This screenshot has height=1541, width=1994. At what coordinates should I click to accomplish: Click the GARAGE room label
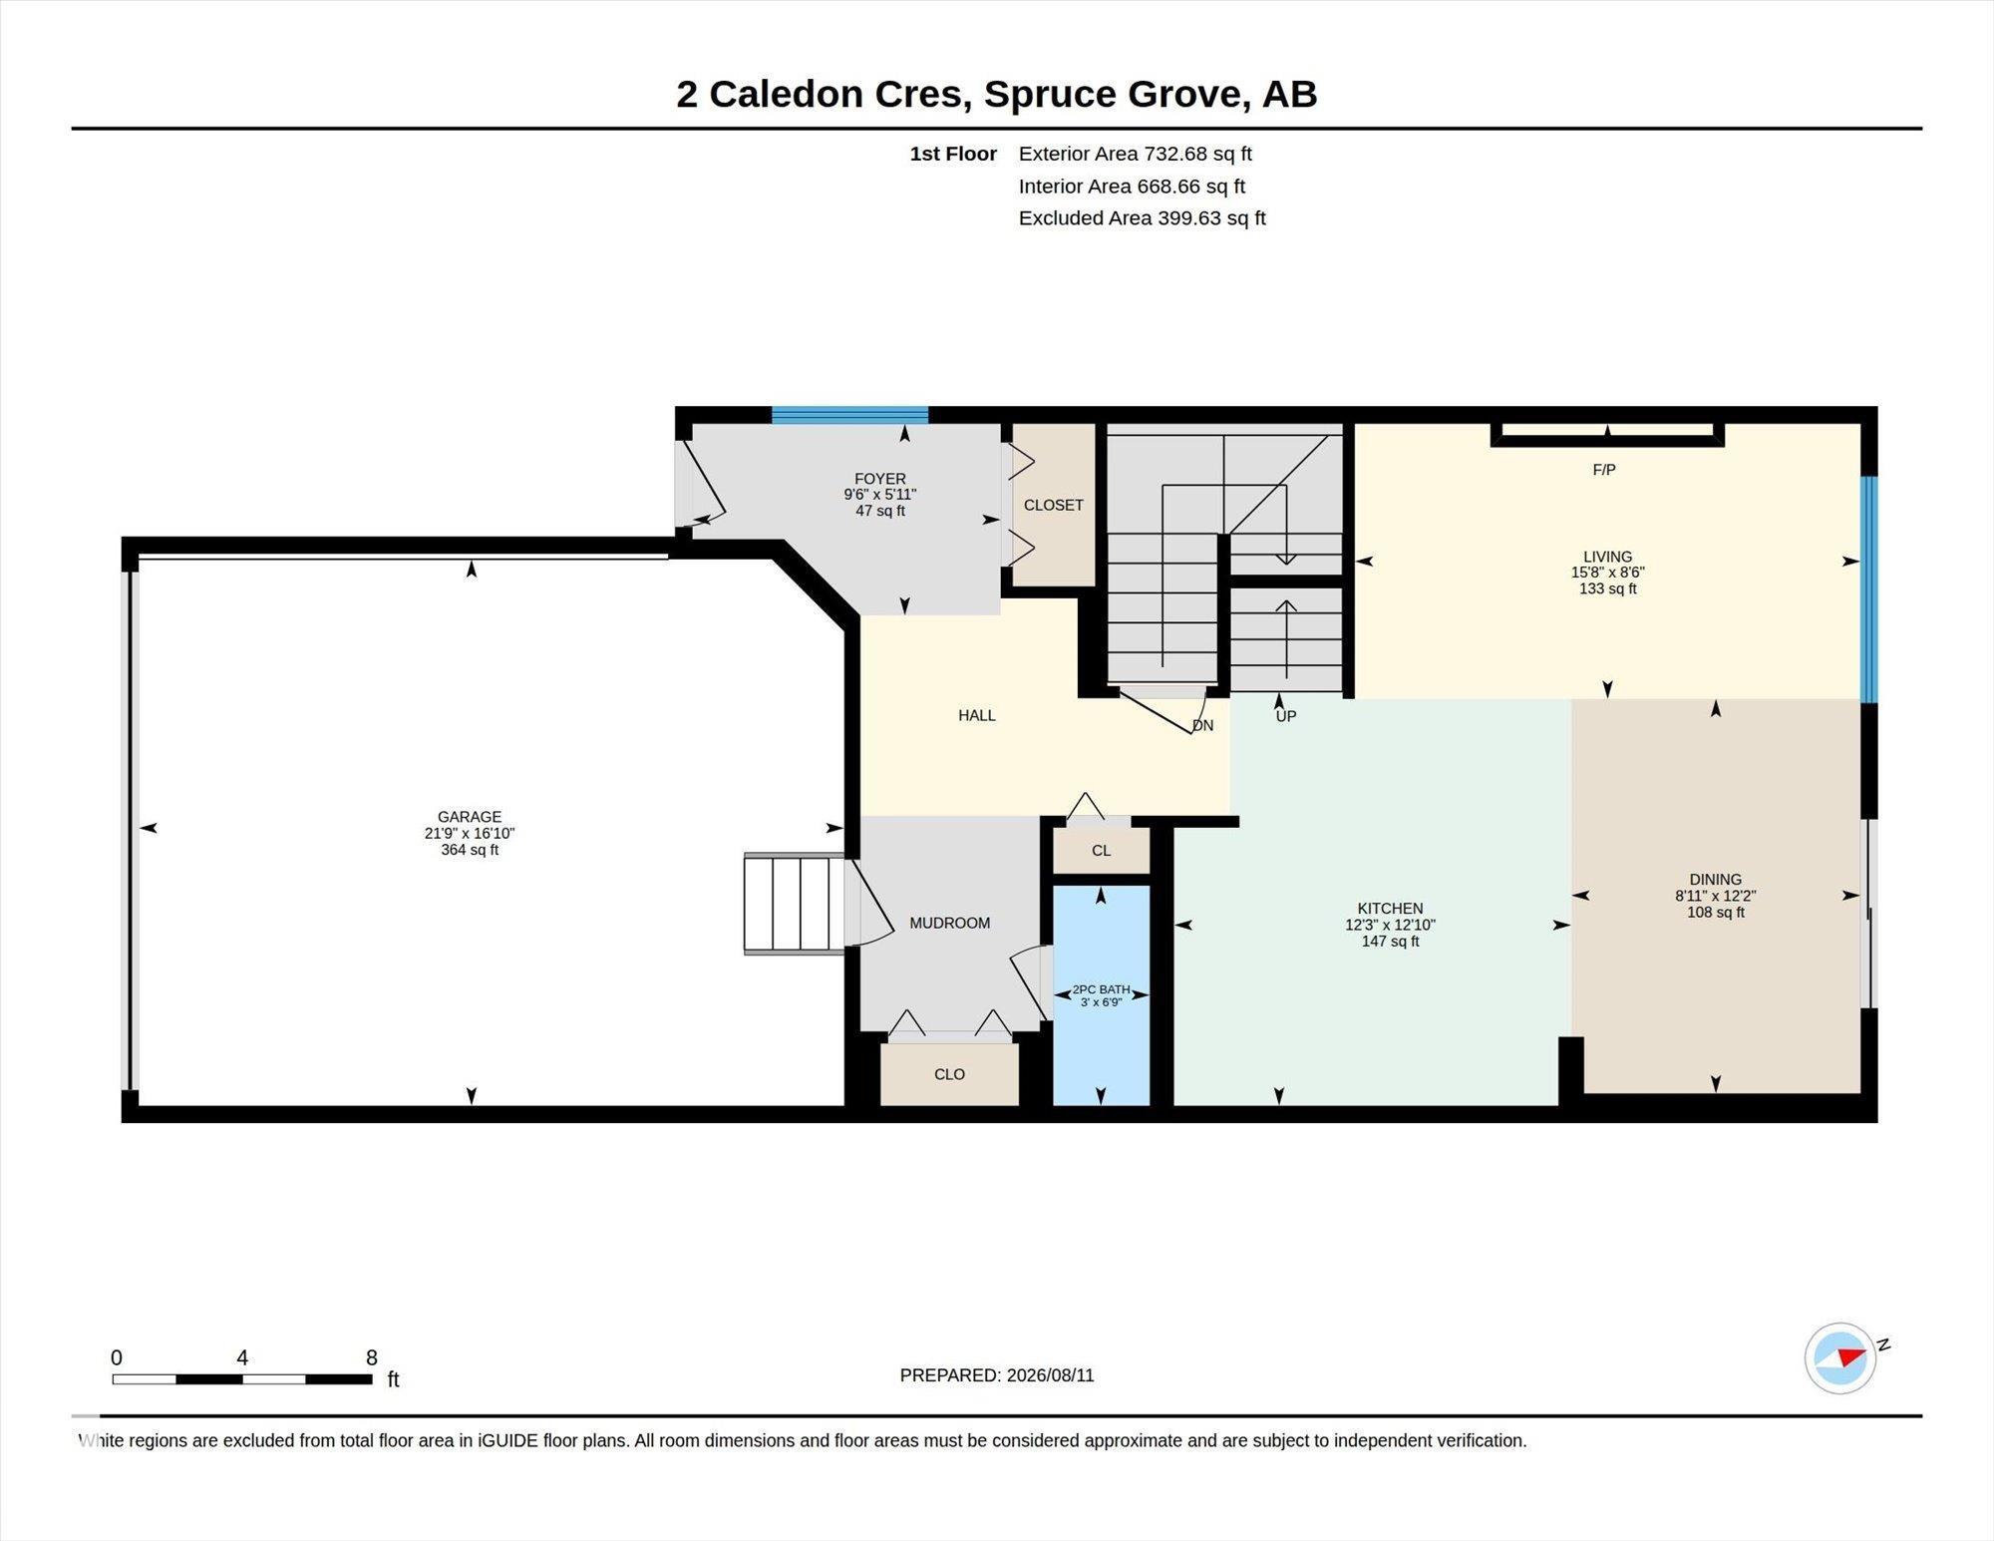[x=470, y=817]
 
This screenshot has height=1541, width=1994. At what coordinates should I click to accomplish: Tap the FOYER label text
[x=879, y=479]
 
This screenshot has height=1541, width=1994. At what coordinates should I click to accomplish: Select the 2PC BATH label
[x=1101, y=989]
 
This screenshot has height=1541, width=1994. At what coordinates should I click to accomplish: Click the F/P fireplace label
[x=1604, y=470]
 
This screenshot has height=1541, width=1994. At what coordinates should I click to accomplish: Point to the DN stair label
[x=1203, y=726]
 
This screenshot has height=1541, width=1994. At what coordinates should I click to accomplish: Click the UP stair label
[x=1286, y=716]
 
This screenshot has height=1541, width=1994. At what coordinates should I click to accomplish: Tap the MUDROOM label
[x=949, y=924]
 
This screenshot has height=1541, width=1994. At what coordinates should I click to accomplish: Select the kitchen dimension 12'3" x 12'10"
[x=1390, y=925]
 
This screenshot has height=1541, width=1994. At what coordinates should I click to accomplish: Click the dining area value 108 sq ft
[x=1715, y=912]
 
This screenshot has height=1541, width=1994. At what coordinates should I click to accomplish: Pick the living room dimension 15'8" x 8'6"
[x=1607, y=573]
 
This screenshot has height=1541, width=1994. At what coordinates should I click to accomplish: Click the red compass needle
[x=1850, y=1356]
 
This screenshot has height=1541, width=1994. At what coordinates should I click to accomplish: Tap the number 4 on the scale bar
[x=242, y=1357]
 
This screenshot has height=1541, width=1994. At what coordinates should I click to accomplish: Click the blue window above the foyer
[x=849, y=415]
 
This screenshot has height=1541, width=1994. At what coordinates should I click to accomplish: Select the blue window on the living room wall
[x=1869, y=588]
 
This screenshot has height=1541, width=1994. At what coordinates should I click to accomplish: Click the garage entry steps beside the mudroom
[x=795, y=904]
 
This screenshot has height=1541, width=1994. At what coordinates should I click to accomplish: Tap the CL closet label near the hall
[x=1101, y=851]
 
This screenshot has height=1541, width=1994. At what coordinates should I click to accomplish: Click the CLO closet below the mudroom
[x=949, y=1074]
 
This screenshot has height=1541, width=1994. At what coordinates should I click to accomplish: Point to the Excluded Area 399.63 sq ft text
[x=1142, y=218]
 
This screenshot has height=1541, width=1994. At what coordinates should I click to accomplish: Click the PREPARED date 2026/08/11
[x=1050, y=1375]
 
